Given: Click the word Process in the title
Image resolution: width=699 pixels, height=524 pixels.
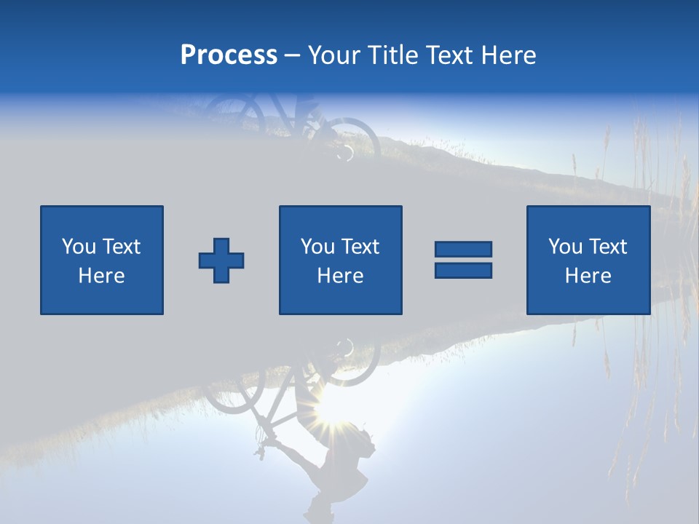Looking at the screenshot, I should click(229, 55).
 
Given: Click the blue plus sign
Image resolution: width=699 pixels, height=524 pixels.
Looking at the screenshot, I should click(221, 261).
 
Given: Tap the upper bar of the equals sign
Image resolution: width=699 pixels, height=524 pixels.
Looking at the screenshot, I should click(463, 250).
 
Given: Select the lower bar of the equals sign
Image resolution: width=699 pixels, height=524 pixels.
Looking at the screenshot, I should click(463, 271).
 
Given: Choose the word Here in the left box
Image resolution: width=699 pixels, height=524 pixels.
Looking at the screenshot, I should click(101, 276).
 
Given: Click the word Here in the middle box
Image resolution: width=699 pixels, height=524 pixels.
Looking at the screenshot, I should click(340, 276).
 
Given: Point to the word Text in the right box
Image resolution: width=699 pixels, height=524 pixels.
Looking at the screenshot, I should click(607, 247).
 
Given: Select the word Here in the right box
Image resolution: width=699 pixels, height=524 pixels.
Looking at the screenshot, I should click(588, 276).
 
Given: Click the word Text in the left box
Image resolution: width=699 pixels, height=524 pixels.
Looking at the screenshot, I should click(121, 247).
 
